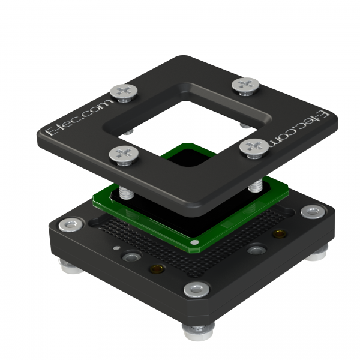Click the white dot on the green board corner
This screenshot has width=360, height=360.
[194, 242]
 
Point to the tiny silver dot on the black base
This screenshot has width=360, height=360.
[116, 248]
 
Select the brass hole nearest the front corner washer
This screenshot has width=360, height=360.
[157, 268]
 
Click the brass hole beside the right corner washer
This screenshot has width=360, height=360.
[279, 234]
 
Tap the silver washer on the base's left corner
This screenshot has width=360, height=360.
[71, 225]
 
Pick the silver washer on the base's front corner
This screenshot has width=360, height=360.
[197, 289]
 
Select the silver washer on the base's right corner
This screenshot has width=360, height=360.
[313, 212]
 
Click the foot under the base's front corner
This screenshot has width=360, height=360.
[199, 332]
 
